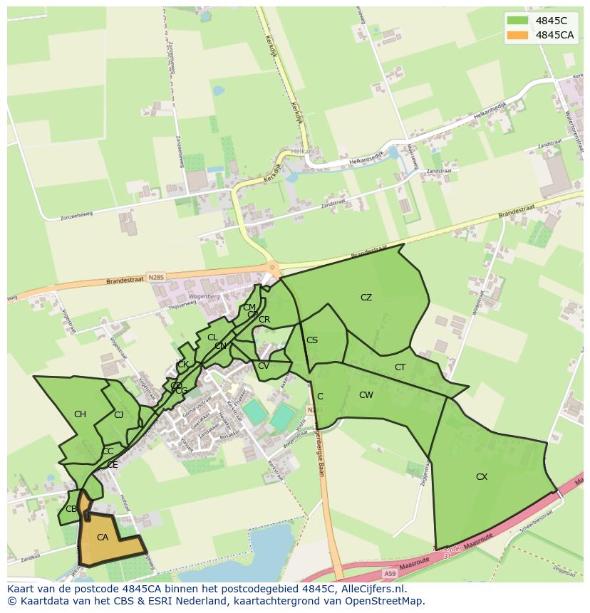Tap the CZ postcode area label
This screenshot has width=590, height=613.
[366, 298]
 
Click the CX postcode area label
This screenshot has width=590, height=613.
[482, 477]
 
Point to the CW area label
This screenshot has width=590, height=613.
[366, 395]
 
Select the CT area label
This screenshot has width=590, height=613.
[400, 367]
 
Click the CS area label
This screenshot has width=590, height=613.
[312, 340]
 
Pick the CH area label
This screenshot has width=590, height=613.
[80, 414]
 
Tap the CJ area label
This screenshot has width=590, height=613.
[118, 414]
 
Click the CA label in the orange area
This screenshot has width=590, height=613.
[102, 538]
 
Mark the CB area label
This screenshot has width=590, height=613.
[71, 509]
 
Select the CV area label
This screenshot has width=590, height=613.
[263, 366]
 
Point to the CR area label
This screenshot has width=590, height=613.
[264, 320]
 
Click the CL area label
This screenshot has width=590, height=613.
[212, 337]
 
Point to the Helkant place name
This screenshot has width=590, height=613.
[302, 152]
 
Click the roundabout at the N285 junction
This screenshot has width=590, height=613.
[271, 268]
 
